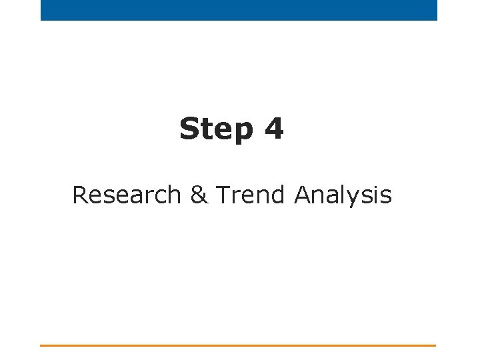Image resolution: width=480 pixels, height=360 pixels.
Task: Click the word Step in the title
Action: coord(216,129)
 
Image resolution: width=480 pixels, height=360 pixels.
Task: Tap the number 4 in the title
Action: coord(273,129)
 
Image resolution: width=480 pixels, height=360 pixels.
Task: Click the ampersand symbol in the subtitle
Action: coord(199,195)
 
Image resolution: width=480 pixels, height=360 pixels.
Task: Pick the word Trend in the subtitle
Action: coord(251,195)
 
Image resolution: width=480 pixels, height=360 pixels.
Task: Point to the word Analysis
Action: coord(343,196)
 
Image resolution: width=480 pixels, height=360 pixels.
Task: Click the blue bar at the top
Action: coord(239,10)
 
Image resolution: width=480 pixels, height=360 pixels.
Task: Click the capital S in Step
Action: coord(190,129)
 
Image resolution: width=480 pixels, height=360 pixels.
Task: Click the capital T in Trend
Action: coord(223,195)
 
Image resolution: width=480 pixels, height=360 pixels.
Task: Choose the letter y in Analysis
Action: coord(356,199)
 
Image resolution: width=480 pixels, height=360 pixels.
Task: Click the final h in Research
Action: coord(174,195)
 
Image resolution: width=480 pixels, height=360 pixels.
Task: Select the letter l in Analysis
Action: coord(345,195)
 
